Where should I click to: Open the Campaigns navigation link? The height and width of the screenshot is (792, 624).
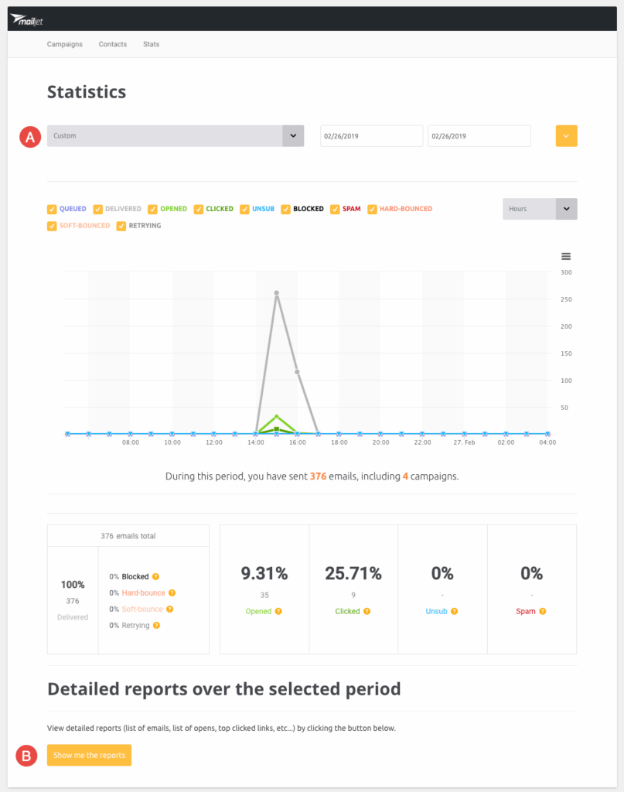(x=64, y=44)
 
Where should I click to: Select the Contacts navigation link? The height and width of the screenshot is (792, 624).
(x=113, y=44)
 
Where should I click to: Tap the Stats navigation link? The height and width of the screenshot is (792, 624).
(x=152, y=44)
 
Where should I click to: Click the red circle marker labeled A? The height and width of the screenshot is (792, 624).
(x=30, y=137)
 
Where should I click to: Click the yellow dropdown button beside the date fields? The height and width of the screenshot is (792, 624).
(x=566, y=136)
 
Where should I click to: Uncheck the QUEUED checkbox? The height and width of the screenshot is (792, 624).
(x=52, y=209)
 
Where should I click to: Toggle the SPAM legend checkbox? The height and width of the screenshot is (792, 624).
(x=335, y=209)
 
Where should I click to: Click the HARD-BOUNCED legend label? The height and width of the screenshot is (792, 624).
(x=406, y=209)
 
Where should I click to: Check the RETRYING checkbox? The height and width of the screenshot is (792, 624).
(x=121, y=226)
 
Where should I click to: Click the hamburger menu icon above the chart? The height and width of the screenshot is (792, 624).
(x=566, y=256)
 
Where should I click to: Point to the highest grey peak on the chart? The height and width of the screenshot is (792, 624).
(x=276, y=293)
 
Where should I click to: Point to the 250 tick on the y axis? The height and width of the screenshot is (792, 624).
(x=566, y=299)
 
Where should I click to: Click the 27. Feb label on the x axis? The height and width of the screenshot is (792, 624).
(x=465, y=442)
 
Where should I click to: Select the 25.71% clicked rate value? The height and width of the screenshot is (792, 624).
(x=353, y=573)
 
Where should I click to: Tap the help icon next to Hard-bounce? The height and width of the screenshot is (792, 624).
(x=172, y=592)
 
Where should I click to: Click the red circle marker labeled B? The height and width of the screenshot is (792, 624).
(x=27, y=756)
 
